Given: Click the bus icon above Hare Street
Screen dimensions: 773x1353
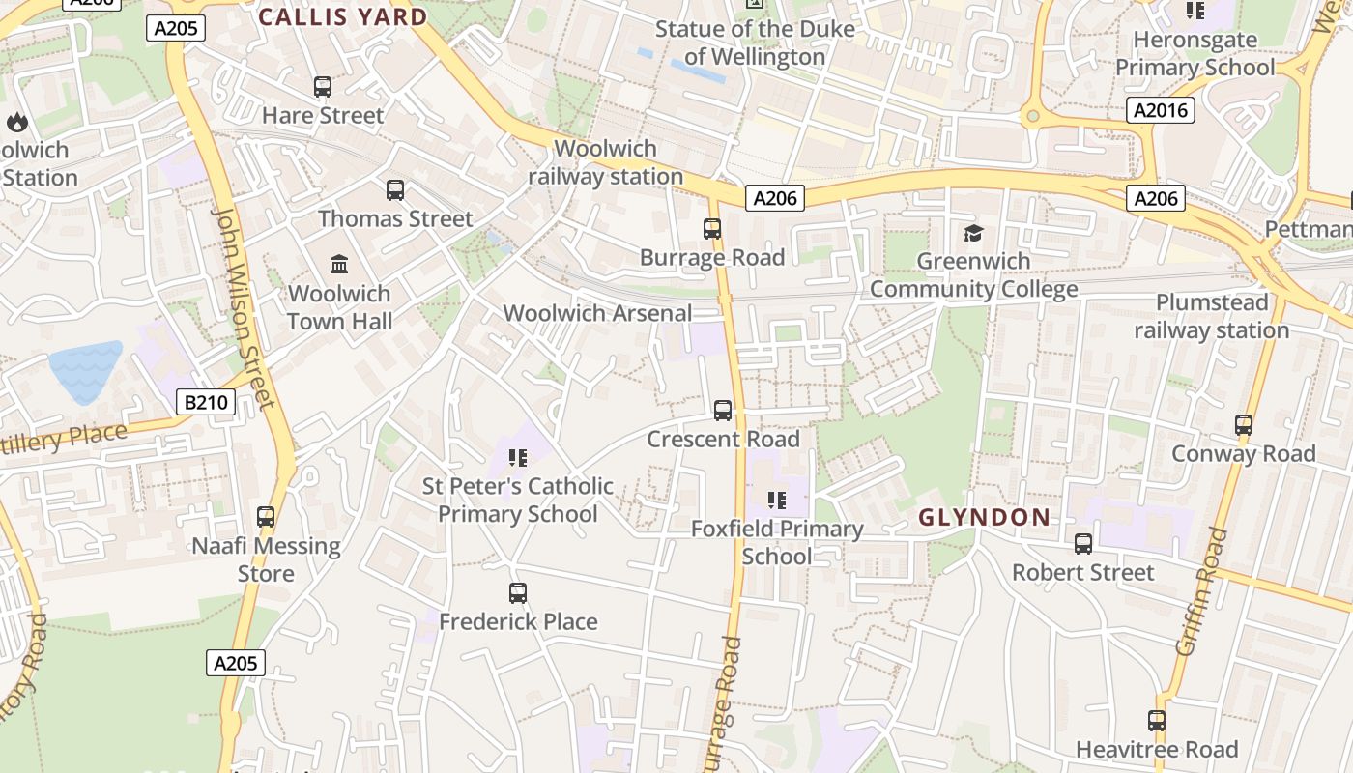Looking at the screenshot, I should pos(323,87).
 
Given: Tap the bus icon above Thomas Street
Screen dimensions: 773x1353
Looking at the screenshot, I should pos(395,190).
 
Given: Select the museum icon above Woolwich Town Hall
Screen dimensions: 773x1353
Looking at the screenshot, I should pos(339,265).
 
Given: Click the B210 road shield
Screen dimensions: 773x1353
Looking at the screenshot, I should pos(206,402).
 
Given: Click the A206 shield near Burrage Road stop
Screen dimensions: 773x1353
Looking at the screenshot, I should pos(775,198).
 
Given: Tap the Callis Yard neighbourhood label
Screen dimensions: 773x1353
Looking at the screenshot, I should pos(343,16).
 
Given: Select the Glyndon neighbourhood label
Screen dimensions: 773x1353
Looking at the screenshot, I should pos(984,517).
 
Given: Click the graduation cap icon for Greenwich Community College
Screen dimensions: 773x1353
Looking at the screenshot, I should pos(973,233).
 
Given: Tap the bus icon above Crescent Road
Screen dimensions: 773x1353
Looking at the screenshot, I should pos(723,411).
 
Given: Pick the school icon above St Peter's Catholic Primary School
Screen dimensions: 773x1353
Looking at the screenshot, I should pos(518,458).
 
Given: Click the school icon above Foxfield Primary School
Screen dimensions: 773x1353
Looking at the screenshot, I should pos(776,501).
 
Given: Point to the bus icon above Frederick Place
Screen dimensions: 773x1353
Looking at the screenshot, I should pos(518,593).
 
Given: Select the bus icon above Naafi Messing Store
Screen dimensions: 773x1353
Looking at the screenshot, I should pos(266,518).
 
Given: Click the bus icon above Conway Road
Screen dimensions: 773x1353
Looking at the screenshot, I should pos(1244,425).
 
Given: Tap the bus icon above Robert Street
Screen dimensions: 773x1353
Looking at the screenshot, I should pos(1083,544).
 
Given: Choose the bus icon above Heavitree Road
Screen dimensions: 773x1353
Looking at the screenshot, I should pos(1157,721).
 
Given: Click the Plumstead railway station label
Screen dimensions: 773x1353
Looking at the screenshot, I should pos(1211,316).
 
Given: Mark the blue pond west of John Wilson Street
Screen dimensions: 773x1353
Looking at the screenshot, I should pos(85,371).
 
